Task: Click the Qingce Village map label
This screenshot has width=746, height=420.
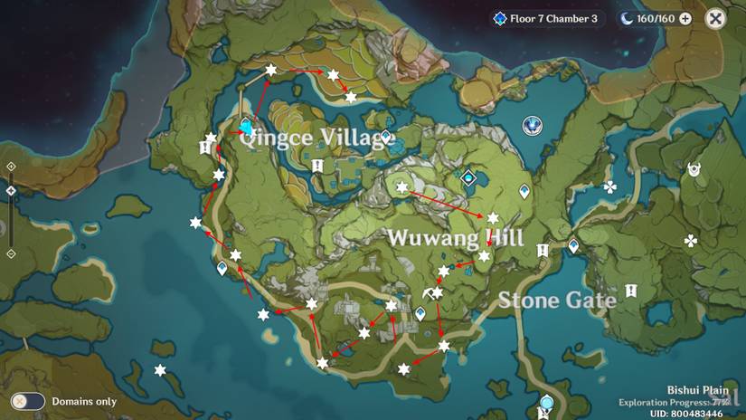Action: point(313,138)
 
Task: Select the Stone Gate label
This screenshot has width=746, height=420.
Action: point(557,300)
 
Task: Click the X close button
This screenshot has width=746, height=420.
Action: point(715,18)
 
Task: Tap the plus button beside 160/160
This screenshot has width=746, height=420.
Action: point(685,18)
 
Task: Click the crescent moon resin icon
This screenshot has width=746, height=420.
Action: point(627,18)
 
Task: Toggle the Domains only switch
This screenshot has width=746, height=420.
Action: point(28,401)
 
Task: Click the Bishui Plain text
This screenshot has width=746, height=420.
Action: point(698,389)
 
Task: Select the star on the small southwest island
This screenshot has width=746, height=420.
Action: point(160,370)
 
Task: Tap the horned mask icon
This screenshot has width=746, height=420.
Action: point(694,169)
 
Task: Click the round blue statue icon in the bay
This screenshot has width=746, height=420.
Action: point(534,125)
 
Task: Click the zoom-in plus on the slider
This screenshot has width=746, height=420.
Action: point(11,167)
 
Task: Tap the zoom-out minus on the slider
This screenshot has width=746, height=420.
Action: point(11,253)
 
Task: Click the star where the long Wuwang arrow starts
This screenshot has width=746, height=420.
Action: point(402,187)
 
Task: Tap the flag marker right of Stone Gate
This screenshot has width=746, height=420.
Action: point(629,291)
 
